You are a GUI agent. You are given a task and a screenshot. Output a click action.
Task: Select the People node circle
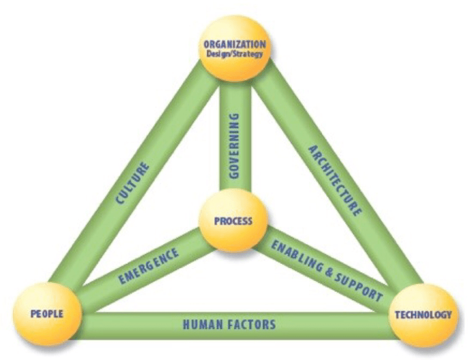pyautogui.click(x=47, y=313)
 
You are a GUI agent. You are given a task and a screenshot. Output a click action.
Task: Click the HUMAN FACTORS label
pyautogui.click(x=229, y=323)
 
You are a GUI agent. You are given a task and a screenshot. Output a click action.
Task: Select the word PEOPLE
pyautogui.click(x=47, y=313)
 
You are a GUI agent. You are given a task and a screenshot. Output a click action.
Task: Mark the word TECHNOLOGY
pyautogui.click(x=423, y=315)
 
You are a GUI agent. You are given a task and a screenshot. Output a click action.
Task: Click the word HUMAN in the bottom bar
pyautogui.click(x=202, y=323)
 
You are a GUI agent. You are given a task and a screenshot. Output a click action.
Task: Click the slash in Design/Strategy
pyautogui.click(x=231, y=54)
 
